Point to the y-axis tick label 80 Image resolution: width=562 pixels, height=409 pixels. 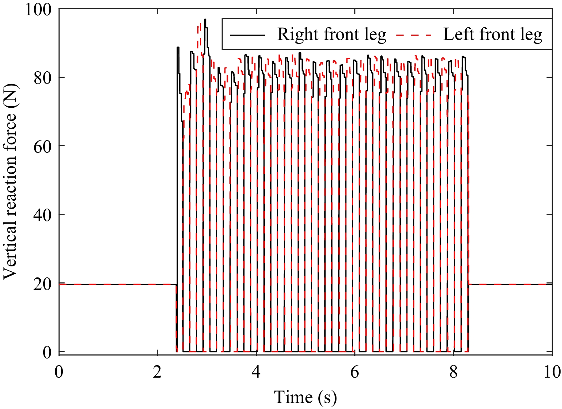[43, 78]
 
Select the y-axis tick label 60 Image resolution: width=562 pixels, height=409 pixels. [43, 147]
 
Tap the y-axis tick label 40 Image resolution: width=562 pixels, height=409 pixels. [43, 215]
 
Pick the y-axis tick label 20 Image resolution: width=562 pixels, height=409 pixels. [43, 284]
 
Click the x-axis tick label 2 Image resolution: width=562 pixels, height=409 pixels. [157, 372]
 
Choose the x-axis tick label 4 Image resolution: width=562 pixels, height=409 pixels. [256, 372]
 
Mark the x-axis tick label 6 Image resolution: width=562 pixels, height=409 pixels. [354, 372]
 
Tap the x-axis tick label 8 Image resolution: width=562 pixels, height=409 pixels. [453, 372]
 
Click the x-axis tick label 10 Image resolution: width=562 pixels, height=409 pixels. [552, 372]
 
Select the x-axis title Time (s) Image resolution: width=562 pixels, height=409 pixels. [305, 397]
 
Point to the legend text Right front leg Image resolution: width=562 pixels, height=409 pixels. [332, 35]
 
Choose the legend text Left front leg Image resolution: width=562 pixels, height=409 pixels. [493, 35]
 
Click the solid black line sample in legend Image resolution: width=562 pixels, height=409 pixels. [247, 35]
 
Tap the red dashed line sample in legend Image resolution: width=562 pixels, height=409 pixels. [414, 35]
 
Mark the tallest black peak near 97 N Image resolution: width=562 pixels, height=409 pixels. [205, 20]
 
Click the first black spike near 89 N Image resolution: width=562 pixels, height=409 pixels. [178, 48]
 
